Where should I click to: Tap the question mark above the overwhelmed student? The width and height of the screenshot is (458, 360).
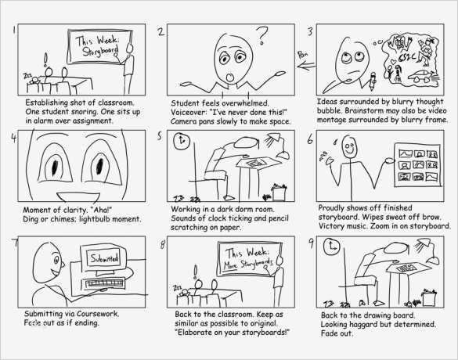tap(262, 34)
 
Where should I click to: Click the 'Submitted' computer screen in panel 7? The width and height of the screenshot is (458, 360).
tap(102, 257)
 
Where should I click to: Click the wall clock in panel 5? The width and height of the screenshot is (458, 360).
tap(182, 142)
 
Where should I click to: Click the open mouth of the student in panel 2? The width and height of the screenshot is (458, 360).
tap(229, 75)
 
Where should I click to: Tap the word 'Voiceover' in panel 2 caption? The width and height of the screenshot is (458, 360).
tap(193, 112)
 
